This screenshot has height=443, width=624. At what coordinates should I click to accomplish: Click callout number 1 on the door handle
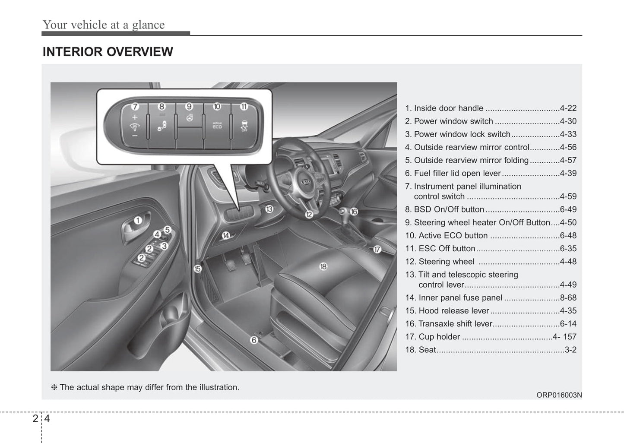tap(137, 221)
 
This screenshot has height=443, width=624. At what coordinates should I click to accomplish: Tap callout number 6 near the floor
tap(254, 340)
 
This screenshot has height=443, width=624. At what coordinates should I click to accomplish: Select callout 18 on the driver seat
tap(323, 266)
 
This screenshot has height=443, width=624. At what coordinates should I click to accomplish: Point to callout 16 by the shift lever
tap(354, 212)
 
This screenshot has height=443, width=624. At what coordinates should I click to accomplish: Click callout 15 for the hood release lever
tap(197, 269)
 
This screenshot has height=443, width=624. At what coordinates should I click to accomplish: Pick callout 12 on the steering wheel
tap(309, 214)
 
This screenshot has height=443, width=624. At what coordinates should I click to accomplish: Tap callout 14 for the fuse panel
tap(226, 235)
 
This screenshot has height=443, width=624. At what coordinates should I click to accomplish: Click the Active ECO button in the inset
tap(217, 126)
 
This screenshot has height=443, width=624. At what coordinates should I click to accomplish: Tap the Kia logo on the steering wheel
tap(305, 182)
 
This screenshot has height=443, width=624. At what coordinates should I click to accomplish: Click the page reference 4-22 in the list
tap(568, 108)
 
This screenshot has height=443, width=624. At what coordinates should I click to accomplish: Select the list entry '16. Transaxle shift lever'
tap(449, 324)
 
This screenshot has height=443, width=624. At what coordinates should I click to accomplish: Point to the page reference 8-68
tap(568, 298)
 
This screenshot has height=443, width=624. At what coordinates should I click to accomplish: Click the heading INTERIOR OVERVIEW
tap(108, 52)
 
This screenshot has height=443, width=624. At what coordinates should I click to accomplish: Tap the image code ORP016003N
tap(559, 395)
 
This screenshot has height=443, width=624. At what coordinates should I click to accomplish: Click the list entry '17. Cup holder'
tap(433, 337)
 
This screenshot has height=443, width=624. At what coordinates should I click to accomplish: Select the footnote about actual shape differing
tap(146, 387)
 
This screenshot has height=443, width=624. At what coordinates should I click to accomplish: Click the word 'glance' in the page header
tap(148, 25)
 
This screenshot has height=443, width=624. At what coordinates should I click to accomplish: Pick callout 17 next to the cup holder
tap(377, 250)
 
